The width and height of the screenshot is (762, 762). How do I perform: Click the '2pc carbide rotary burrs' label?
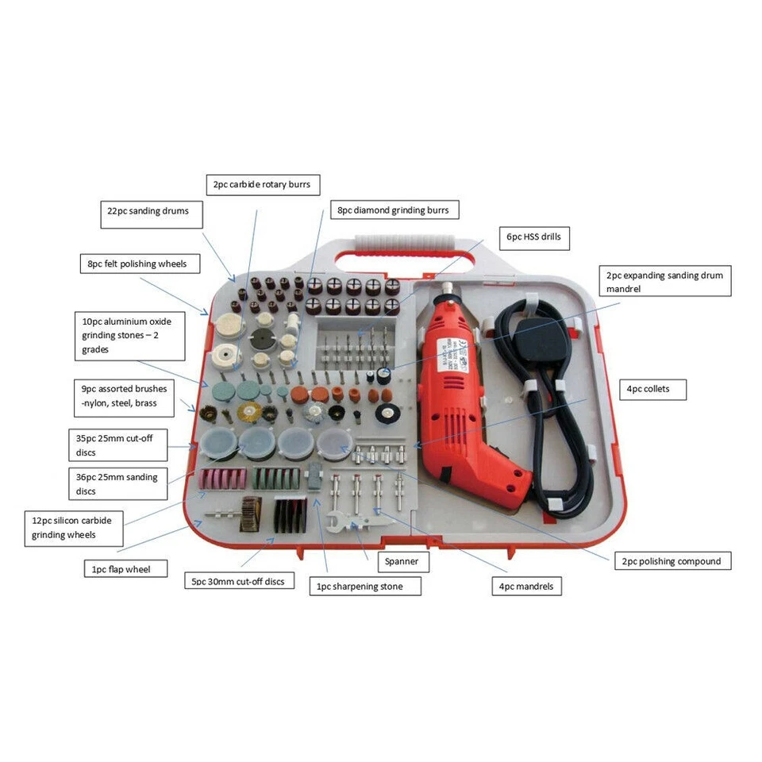pyautogui.click(x=262, y=185)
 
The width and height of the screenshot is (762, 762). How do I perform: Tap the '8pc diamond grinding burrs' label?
pyautogui.click(x=394, y=210)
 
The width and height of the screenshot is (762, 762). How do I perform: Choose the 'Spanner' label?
pyautogui.click(x=402, y=561)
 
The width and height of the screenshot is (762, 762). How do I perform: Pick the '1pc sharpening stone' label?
pyautogui.click(x=365, y=587)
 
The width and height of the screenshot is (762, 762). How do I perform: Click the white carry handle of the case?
pyautogui.click(x=406, y=241)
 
